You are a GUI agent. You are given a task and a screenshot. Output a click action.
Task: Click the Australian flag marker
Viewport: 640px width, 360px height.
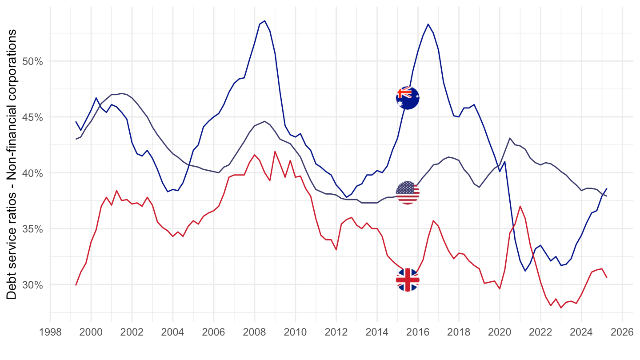(408, 97)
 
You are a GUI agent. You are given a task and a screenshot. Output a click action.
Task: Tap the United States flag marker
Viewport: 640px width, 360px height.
(408, 193)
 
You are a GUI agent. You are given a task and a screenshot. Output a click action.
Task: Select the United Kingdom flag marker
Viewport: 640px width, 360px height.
(408, 280)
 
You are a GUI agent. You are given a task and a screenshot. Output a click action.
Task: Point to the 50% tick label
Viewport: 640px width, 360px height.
(32, 61)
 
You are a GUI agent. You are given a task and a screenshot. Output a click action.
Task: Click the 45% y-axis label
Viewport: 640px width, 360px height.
(32, 117)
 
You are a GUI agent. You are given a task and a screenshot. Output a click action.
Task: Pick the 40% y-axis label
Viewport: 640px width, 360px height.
(32, 173)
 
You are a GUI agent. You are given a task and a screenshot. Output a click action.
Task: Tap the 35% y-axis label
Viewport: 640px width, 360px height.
(32, 229)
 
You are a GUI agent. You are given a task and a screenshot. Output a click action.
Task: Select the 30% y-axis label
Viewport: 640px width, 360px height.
(32, 284)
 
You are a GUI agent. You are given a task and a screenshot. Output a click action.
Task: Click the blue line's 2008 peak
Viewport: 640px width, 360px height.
(264, 20)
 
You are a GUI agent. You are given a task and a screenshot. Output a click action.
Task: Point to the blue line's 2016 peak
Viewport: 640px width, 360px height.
(428, 24)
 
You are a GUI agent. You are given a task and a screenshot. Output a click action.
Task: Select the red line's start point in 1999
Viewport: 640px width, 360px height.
(76, 285)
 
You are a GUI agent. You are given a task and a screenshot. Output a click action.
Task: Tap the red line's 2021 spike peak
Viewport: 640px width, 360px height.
(520, 206)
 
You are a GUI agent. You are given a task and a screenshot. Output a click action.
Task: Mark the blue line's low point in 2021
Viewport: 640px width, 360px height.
(525, 271)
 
